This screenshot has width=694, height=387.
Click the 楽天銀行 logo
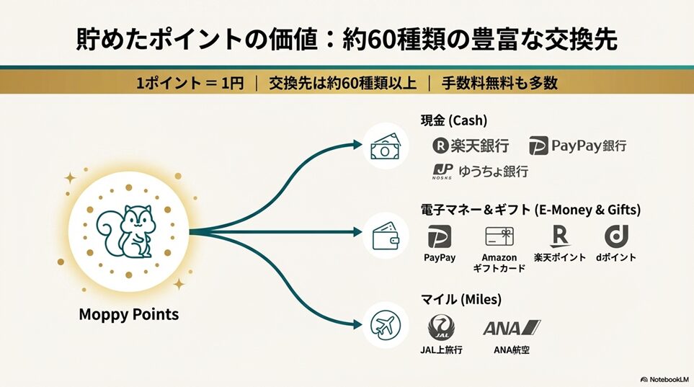[471, 146]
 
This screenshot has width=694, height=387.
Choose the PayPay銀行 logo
[577, 146]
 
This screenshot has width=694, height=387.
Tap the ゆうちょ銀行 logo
[480, 172]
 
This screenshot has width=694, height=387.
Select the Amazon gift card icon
[499, 238]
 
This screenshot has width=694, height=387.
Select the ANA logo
[512, 328]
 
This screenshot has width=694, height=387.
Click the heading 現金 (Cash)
[455, 120]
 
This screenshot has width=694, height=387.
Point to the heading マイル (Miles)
[461, 298]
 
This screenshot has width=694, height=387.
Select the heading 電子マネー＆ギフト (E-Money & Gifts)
[530, 210]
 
